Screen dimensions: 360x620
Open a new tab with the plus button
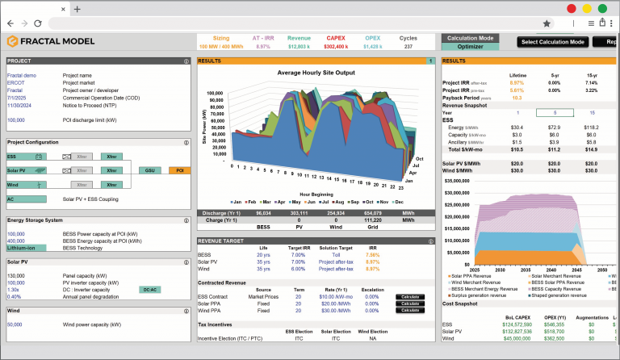click(77, 9)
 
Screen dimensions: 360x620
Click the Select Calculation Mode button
click(553, 42)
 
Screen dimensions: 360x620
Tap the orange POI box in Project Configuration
click(178, 170)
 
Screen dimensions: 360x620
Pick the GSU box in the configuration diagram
click(150, 170)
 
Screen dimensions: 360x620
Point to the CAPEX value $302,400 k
click(336, 47)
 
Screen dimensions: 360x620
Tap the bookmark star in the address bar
click(547, 24)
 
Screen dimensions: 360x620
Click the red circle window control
click(572, 9)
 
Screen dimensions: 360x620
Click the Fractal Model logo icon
click(12, 42)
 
